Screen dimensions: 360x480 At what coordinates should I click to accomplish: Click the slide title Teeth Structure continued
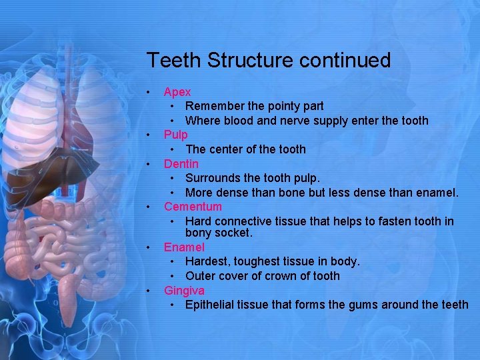click(268, 61)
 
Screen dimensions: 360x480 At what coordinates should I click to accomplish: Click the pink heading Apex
click(177, 91)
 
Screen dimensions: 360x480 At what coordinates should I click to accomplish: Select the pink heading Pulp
click(176, 135)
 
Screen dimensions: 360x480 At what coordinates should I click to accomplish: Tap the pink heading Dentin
click(181, 163)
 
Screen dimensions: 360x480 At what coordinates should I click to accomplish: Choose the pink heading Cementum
click(193, 207)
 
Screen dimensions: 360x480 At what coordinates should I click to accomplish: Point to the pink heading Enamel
click(184, 247)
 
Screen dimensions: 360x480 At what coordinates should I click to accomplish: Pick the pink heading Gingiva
click(184, 291)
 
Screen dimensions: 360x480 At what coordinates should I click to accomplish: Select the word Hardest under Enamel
click(208, 261)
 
